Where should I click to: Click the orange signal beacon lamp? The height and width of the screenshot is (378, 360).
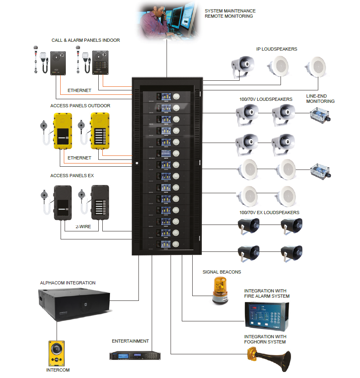[x=220, y=288]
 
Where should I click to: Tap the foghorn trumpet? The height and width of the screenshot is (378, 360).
[x=269, y=357]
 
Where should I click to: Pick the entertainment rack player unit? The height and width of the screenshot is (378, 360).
[x=135, y=356]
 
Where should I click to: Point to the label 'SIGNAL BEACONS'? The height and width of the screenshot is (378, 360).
[x=222, y=272]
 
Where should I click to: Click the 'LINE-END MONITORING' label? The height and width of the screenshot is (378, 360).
[x=320, y=99]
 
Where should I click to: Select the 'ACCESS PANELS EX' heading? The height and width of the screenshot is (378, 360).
[x=72, y=176]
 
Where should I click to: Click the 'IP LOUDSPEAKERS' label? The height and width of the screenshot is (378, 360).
[x=277, y=49]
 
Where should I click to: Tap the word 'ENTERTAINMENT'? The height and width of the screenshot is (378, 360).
[x=130, y=341]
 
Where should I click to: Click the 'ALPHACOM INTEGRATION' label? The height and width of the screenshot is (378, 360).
[x=68, y=283]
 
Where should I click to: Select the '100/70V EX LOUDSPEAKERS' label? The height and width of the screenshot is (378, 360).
[x=269, y=212]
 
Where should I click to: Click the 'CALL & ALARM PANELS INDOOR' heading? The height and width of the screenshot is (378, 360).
[x=85, y=40]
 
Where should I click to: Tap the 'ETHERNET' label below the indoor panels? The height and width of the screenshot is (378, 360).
[x=79, y=90]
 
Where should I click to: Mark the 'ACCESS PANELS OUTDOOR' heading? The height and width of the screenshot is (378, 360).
[x=80, y=106]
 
